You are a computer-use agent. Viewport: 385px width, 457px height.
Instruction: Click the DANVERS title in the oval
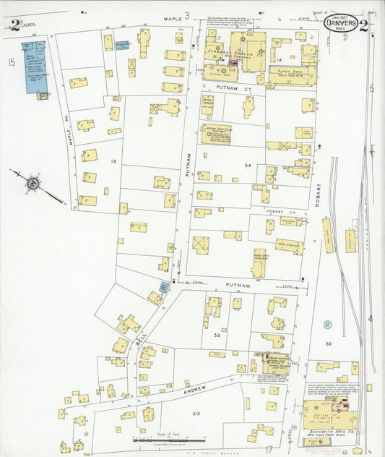(x=339, y=24)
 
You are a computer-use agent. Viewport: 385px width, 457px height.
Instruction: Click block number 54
(x=248, y=166)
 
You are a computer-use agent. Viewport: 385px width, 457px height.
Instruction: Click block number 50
(x=328, y=344)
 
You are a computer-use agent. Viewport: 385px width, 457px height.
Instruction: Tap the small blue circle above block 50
(x=327, y=325)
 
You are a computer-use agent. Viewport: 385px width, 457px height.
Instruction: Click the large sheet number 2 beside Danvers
(x=363, y=27)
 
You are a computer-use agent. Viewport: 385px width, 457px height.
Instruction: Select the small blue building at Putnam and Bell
(x=164, y=287)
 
